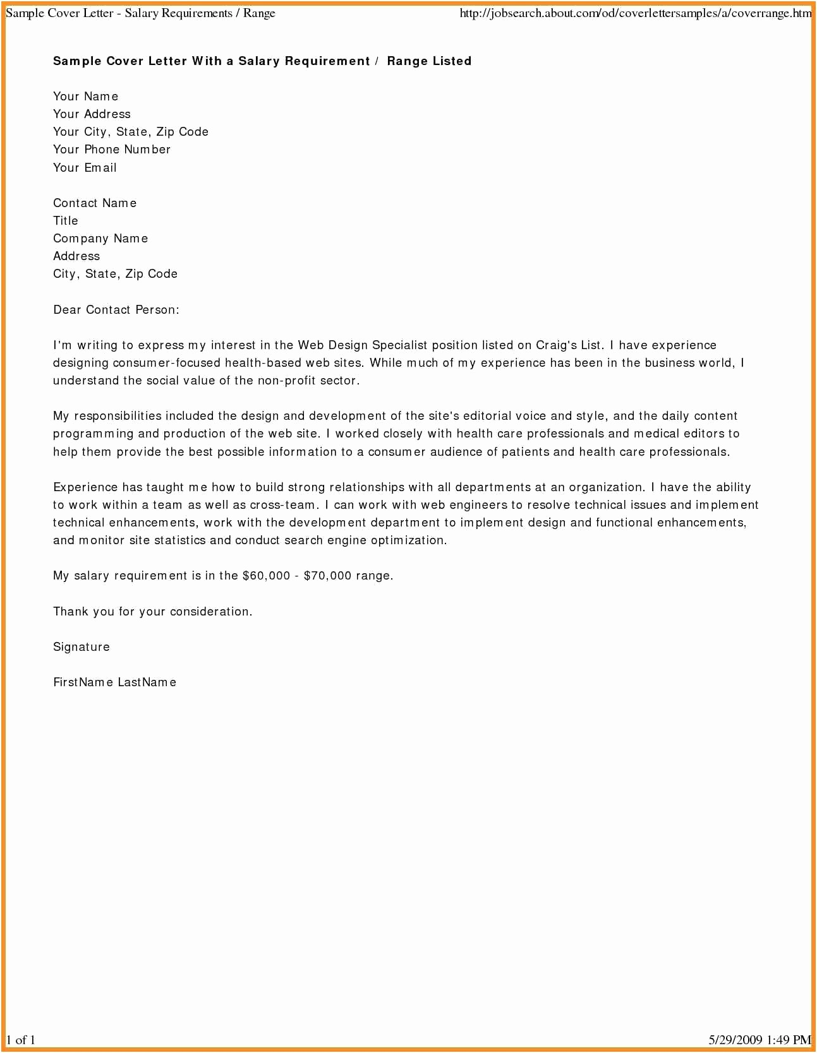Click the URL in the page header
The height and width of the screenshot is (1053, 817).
point(635,13)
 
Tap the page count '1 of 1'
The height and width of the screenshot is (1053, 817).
point(21,1040)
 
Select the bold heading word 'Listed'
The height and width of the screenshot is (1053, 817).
point(449,61)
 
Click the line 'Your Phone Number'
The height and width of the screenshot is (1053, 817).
point(112,150)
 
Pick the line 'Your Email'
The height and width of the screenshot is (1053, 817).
point(85,168)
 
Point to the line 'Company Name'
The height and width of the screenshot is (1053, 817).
point(100,239)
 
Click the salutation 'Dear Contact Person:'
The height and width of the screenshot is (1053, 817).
point(116,310)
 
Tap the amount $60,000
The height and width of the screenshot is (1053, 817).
point(266,576)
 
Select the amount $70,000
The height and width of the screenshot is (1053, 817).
point(327,576)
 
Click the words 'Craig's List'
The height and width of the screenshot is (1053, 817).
point(569,345)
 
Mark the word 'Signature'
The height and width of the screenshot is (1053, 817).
point(82,647)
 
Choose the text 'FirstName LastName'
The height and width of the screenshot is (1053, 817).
point(114,682)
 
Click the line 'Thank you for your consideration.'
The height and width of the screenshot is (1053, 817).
point(152,612)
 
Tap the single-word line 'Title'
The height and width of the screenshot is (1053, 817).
point(66,221)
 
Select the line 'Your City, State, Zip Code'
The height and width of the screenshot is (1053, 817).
point(131,132)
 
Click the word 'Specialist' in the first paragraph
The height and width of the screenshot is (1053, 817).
point(399,345)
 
